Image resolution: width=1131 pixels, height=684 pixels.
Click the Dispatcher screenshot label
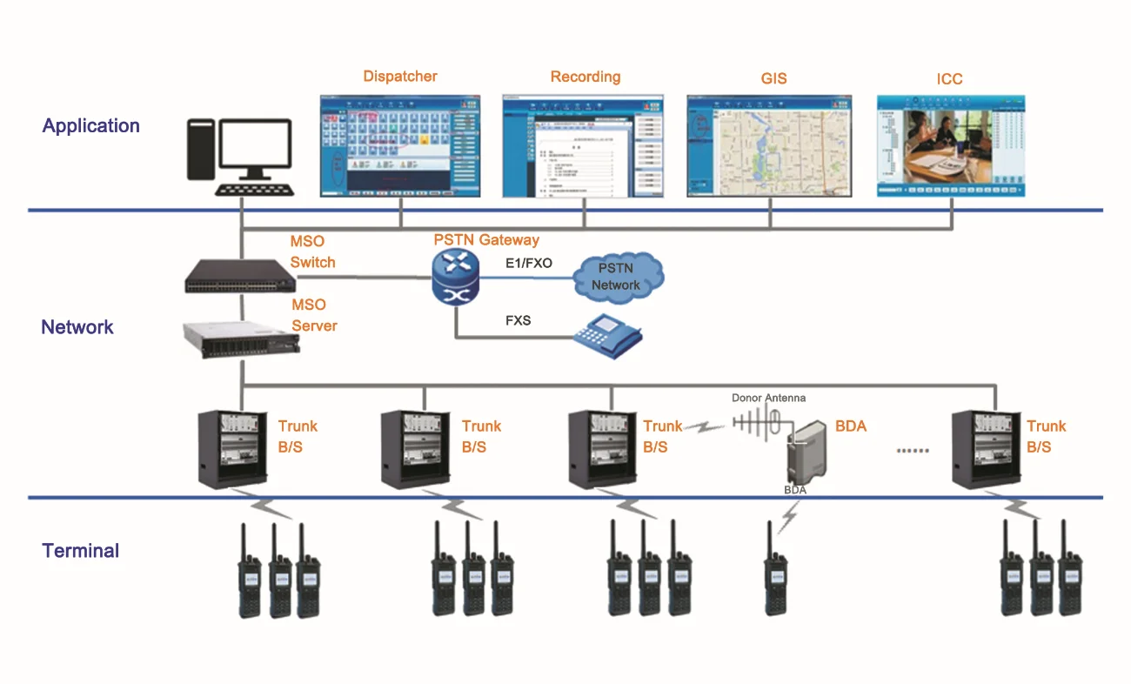[400, 77]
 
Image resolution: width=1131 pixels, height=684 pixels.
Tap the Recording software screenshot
[583, 145]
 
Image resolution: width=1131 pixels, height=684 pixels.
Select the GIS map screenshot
[769, 145]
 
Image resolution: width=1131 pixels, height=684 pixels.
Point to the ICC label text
[949, 79]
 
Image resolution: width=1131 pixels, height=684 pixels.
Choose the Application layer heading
[90, 125]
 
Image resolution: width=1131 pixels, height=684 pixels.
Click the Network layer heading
[77, 327]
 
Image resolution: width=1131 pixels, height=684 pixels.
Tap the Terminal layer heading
[81, 551]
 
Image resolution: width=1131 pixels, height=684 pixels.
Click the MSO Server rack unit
[241, 337]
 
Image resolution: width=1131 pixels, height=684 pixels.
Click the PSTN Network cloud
[617, 278]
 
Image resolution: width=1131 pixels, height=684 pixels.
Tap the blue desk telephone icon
[606, 332]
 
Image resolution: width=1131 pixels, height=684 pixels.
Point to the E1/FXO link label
[528, 263]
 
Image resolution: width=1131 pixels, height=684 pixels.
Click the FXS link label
[518, 320]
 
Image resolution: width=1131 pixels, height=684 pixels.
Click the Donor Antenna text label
[768, 398]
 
